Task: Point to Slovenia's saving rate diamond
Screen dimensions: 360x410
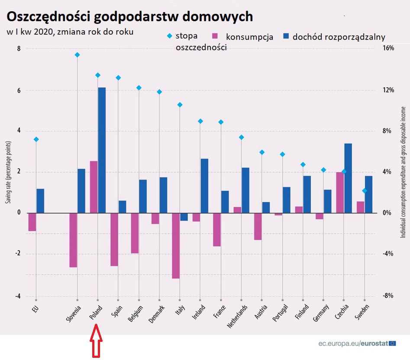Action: [77, 55]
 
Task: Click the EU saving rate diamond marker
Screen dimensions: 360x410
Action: [36, 139]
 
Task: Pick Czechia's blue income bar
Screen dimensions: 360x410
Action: [348, 178]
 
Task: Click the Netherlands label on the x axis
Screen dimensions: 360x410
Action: [239, 317]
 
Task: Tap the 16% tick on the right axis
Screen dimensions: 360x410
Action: [388, 48]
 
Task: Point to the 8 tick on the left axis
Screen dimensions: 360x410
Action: [19, 49]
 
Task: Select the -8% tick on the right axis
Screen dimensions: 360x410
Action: [387, 296]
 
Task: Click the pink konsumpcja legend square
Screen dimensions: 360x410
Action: [215, 37]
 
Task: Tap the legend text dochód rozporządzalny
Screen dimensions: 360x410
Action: [339, 37]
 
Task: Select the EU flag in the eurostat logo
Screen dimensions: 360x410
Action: [392, 344]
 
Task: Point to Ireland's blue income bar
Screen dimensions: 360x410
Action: [204, 186]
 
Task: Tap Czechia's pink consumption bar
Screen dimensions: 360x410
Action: [340, 192]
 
